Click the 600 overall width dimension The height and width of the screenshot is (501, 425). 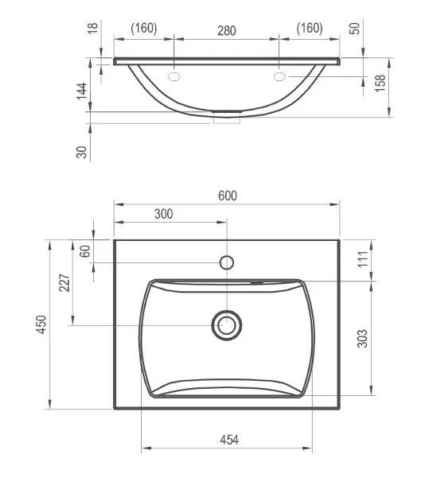[228, 196]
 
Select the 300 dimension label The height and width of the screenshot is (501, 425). [163, 214]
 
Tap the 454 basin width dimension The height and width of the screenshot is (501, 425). [229, 440]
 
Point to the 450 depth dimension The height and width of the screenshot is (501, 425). [41, 324]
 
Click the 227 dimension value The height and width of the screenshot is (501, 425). [64, 282]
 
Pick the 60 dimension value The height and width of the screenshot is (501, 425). [85, 251]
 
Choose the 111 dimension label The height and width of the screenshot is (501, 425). [363, 259]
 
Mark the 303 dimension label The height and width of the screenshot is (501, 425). [362, 338]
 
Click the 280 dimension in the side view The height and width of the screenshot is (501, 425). [227, 31]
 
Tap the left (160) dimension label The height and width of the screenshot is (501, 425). [144, 28]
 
